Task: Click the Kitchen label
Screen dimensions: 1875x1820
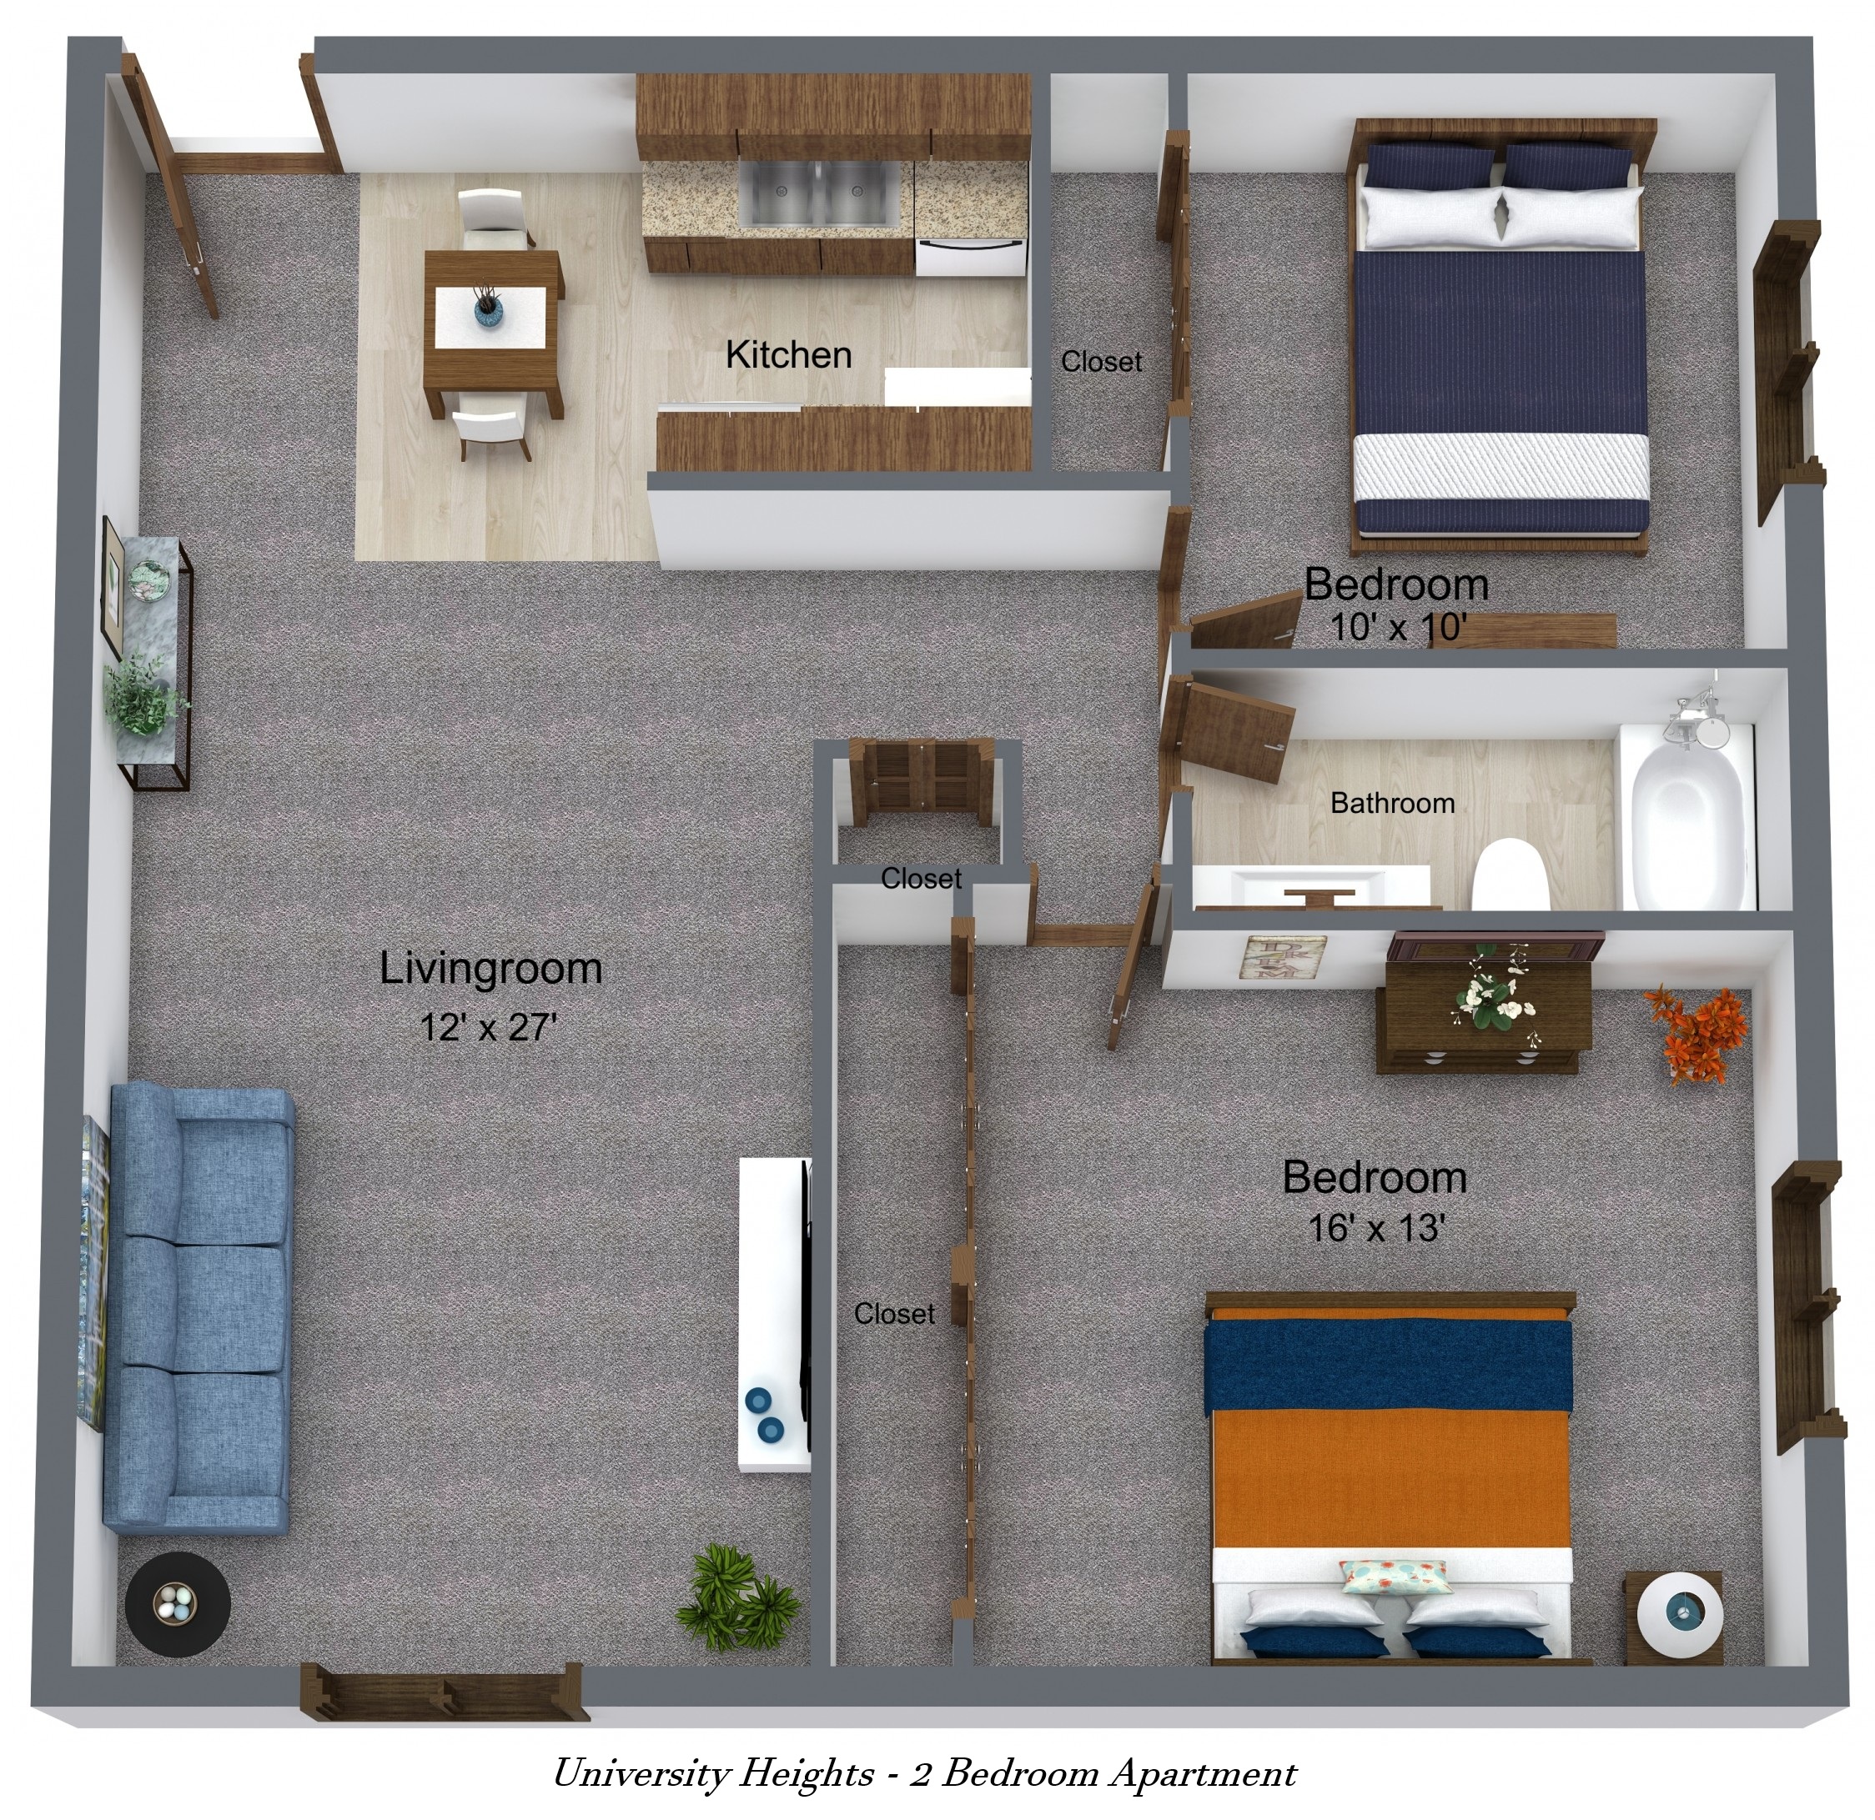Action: click(788, 355)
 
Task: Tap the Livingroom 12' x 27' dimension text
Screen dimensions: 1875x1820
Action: click(488, 1027)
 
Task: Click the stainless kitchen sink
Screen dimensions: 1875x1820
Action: click(818, 195)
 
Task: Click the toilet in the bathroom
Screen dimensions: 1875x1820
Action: click(1509, 874)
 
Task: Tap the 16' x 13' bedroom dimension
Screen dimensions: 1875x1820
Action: click(1375, 1227)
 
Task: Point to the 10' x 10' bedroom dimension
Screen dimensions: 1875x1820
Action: click(1398, 628)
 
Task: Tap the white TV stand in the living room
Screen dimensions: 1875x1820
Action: click(774, 1312)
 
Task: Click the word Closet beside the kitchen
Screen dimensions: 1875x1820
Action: click(1101, 362)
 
